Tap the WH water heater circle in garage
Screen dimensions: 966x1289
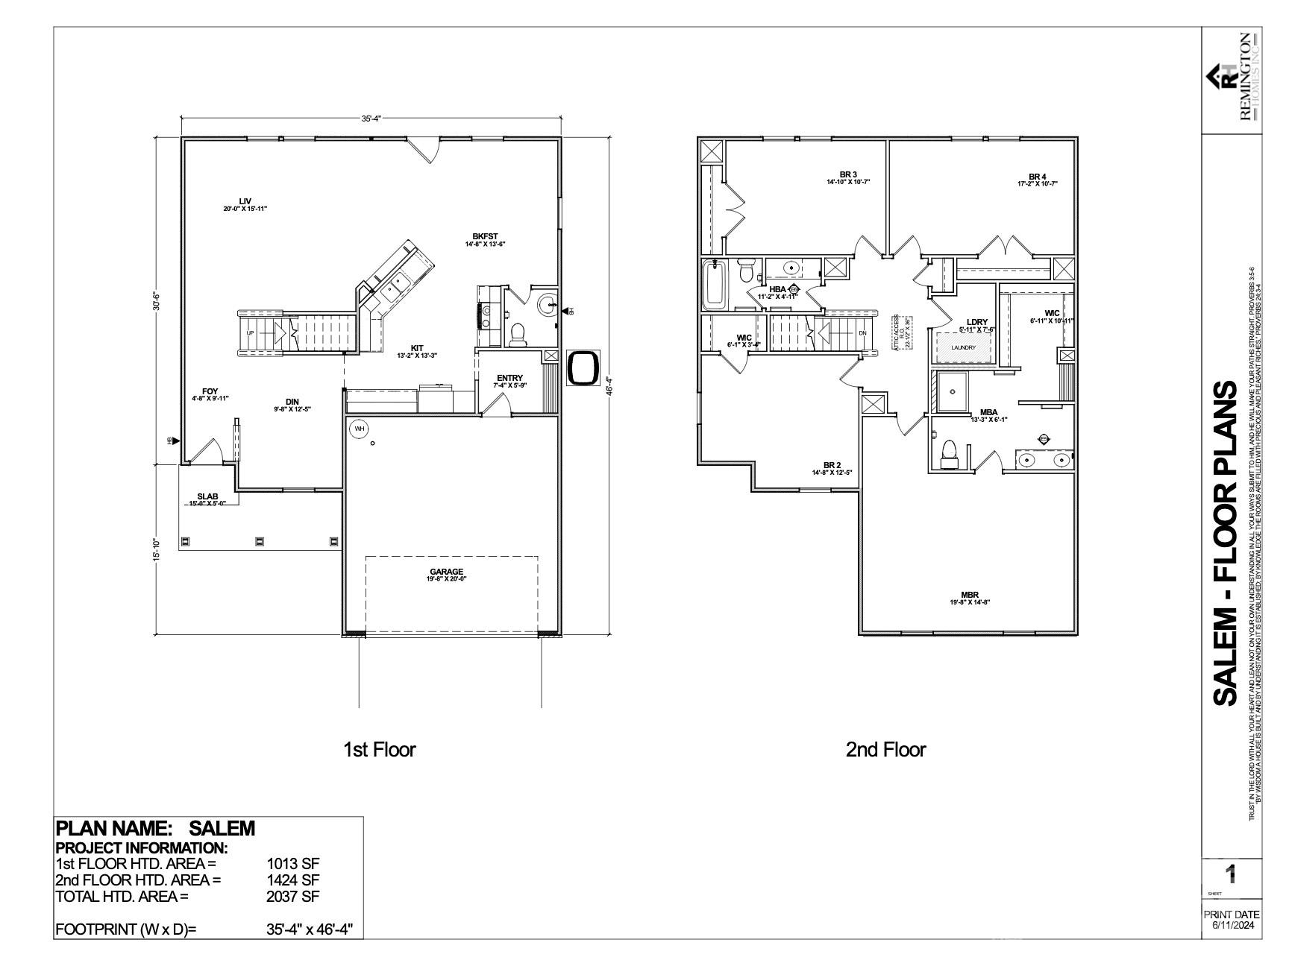tap(360, 429)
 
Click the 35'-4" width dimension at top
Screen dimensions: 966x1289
tap(371, 119)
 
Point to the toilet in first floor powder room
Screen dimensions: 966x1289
tap(517, 336)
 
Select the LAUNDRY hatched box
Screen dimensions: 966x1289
tap(963, 347)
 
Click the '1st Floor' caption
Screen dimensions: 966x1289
tap(379, 749)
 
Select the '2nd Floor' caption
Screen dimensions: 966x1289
tap(885, 749)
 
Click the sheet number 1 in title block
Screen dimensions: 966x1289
tap(1231, 874)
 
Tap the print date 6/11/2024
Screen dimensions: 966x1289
tap(1232, 925)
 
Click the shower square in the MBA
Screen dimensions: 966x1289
tap(952, 393)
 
